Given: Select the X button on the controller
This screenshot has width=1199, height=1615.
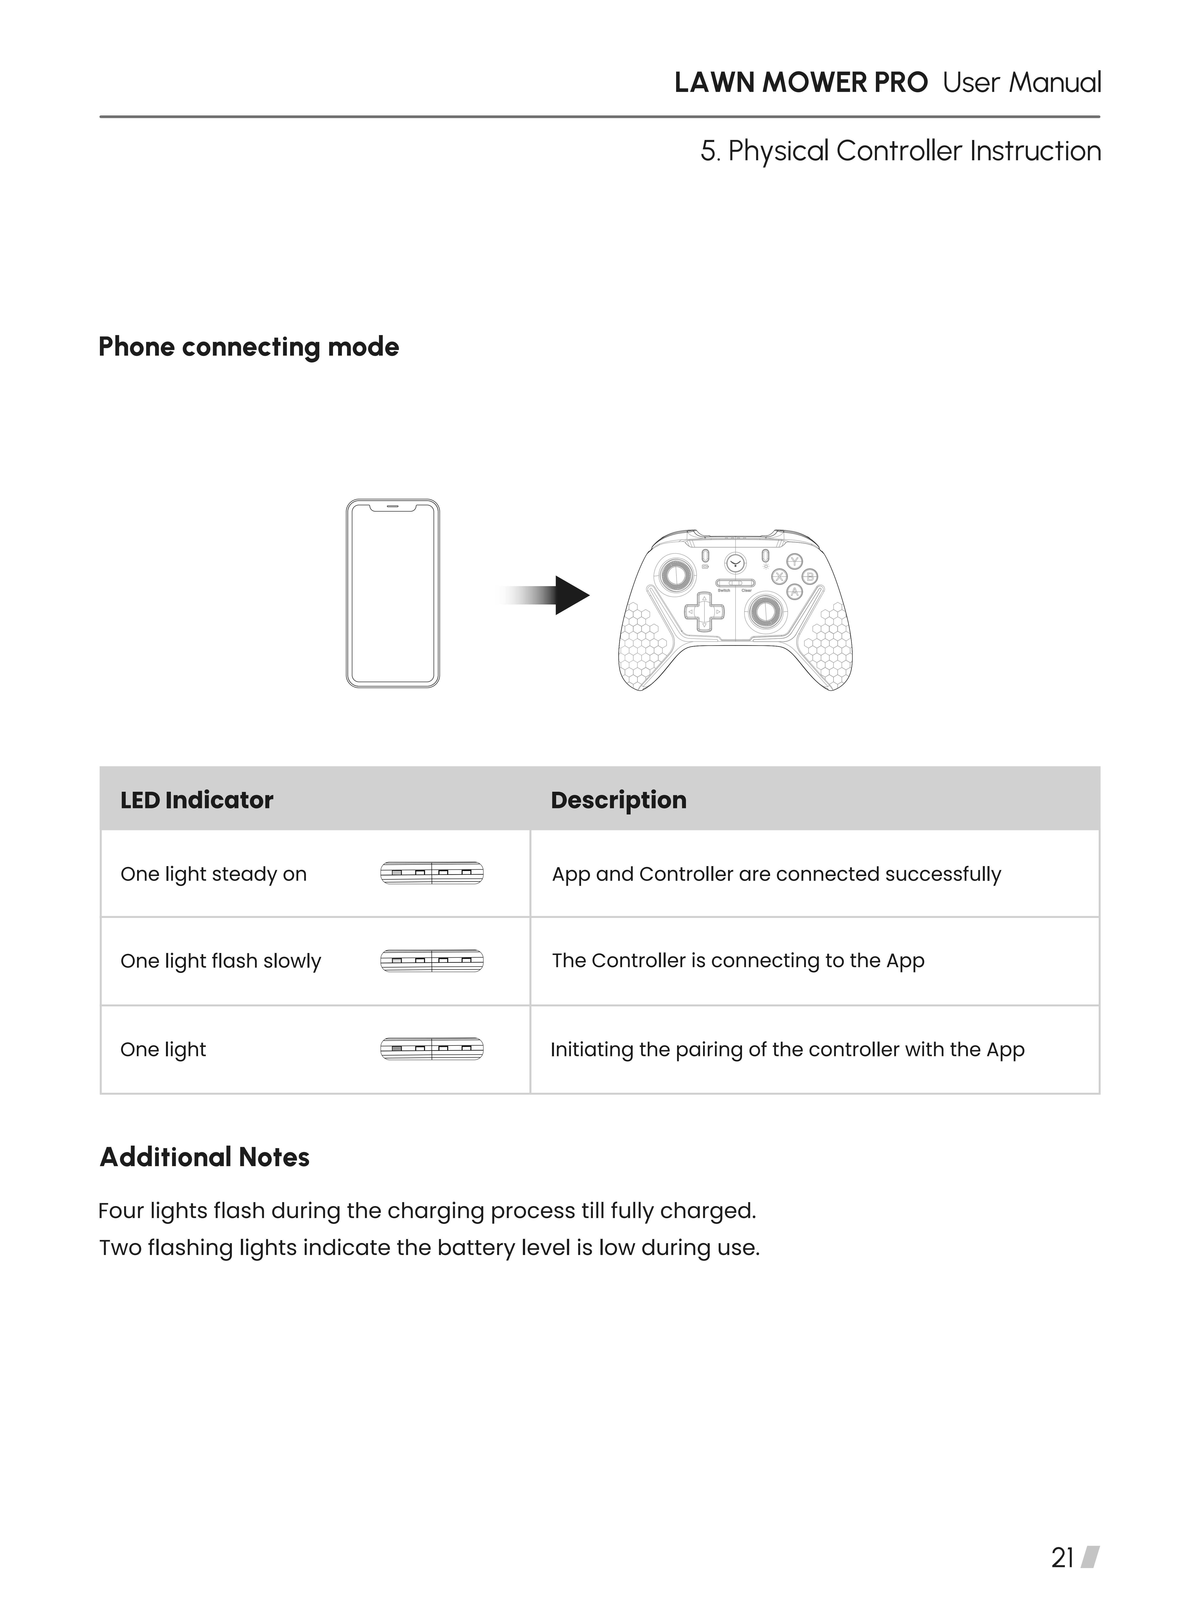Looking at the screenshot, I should tap(779, 577).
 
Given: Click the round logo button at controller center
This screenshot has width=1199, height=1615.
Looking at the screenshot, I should tap(735, 562).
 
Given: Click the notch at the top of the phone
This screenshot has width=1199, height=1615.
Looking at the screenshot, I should tap(393, 506).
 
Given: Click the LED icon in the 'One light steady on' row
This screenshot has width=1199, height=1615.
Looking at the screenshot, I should tap(432, 873).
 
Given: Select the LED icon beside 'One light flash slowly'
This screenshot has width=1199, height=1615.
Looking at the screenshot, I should tap(432, 961).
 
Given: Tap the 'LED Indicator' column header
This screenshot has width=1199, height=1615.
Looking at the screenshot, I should tap(197, 800).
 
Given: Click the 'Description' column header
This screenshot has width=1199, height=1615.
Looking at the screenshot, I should tap(618, 800).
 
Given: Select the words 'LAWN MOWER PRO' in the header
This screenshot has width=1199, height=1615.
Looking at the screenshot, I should tap(800, 83).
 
